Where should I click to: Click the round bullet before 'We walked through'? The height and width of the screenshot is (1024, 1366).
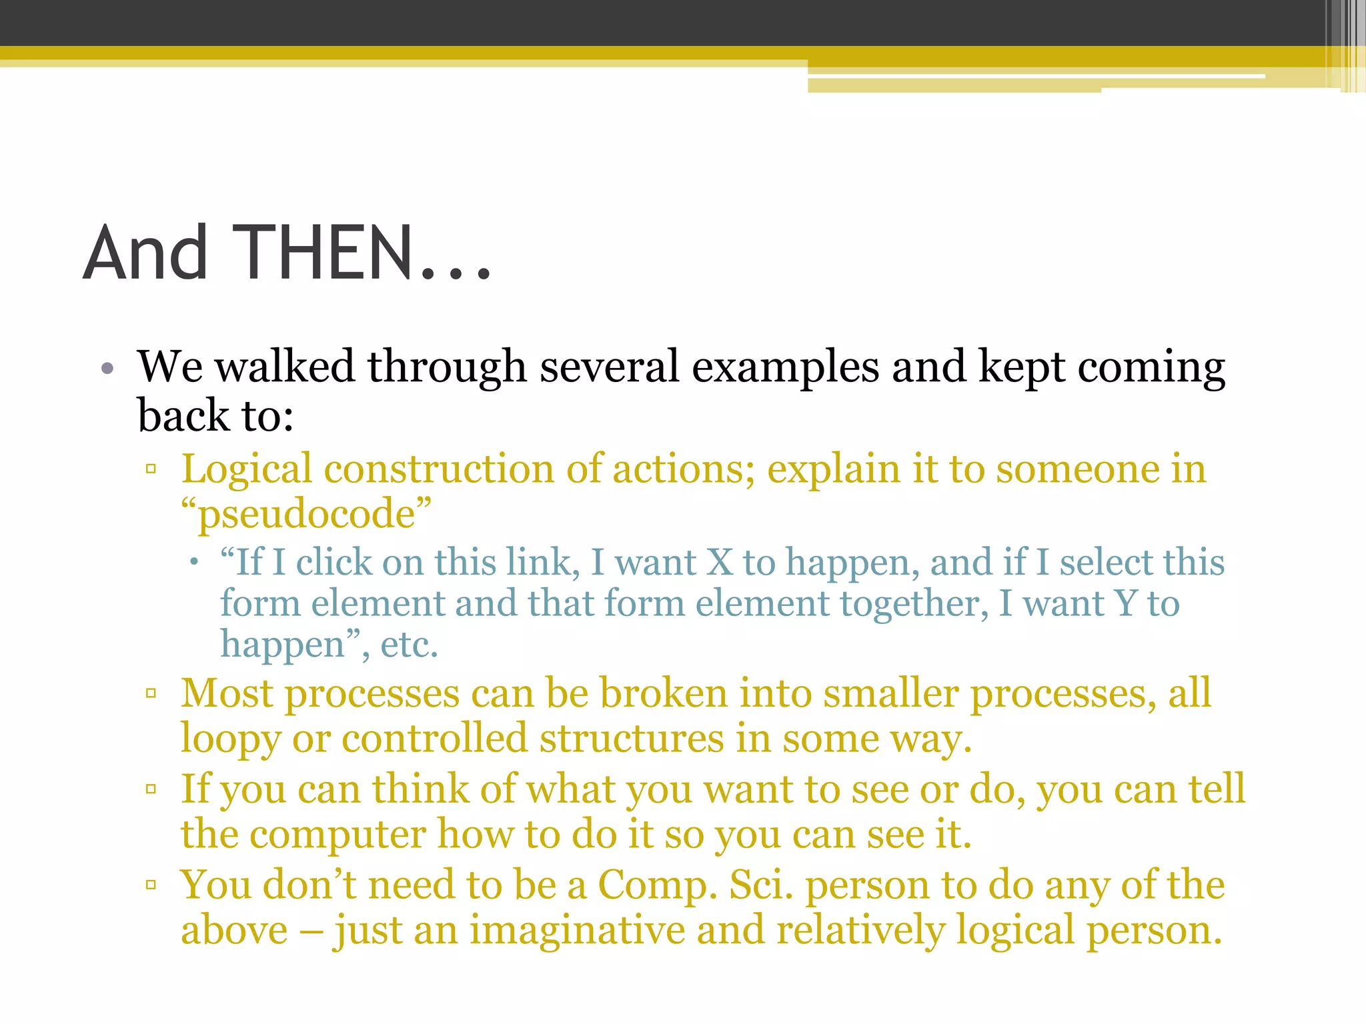click(x=108, y=369)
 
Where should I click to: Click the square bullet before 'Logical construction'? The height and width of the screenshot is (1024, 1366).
click(x=151, y=469)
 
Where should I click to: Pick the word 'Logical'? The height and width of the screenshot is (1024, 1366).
click(x=247, y=469)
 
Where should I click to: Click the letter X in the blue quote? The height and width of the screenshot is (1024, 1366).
click(x=720, y=562)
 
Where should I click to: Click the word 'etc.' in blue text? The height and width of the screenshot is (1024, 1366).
click(x=409, y=645)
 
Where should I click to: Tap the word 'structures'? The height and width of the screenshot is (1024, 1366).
click(x=632, y=739)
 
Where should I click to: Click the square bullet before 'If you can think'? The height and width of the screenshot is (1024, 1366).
click(x=151, y=789)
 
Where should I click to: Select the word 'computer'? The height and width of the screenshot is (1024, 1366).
click(x=337, y=835)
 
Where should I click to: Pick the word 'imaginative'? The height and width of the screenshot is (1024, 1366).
click(x=578, y=931)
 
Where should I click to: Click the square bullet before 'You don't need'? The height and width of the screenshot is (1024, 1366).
click(x=151, y=885)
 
